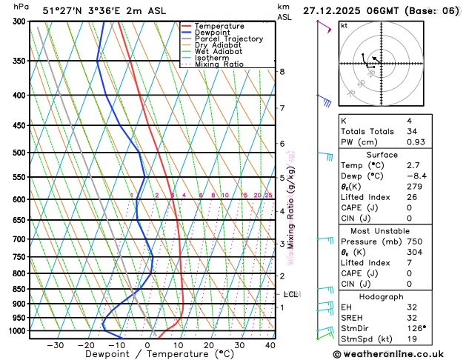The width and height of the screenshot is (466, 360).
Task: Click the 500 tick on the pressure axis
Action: point(19,153)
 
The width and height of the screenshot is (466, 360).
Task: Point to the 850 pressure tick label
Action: point(19,289)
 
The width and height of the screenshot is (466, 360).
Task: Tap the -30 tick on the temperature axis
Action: point(56,344)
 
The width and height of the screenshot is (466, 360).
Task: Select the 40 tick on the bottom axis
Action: point(270,344)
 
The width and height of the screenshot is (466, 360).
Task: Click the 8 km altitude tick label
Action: point(282,71)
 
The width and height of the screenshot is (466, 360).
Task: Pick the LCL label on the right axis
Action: point(290,294)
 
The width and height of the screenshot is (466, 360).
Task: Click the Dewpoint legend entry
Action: point(214,33)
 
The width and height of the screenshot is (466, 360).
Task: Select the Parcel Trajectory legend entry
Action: point(228,39)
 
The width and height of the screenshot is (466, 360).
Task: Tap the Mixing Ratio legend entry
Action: point(219,64)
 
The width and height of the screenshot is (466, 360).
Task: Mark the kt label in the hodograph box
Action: point(344,25)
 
